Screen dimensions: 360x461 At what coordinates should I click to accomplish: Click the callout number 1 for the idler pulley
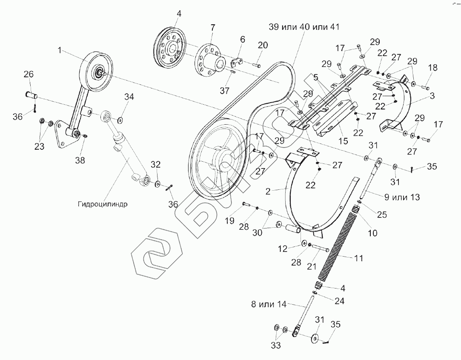click(60, 50)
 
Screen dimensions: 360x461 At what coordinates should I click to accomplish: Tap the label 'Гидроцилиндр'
click(103, 203)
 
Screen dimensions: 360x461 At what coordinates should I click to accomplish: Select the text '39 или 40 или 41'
click(304, 26)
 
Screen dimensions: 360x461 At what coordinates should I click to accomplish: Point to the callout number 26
click(29, 74)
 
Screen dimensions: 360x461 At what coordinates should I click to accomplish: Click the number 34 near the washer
click(129, 97)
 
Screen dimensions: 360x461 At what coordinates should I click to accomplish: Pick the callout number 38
click(80, 160)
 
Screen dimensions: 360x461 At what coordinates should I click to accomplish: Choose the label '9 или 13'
click(402, 197)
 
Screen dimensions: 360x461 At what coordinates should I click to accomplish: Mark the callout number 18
click(432, 68)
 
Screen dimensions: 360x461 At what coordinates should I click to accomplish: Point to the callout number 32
click(156, 165)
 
